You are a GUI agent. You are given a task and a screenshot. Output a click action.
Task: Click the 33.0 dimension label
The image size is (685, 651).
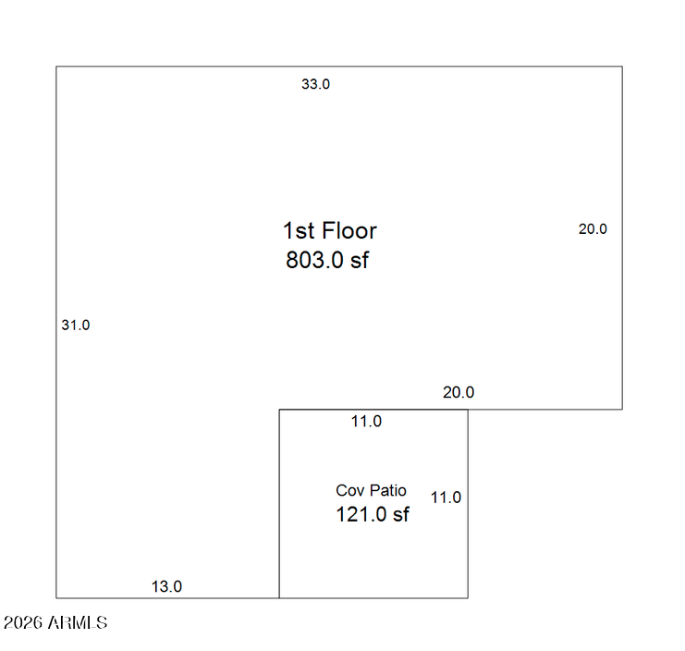315,84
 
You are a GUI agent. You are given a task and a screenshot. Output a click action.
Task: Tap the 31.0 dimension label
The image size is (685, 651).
76,325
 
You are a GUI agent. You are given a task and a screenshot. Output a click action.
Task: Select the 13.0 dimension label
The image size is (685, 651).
166,586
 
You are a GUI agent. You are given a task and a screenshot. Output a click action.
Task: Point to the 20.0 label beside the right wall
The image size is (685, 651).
593,229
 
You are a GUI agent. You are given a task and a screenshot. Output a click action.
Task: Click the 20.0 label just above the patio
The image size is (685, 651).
459,392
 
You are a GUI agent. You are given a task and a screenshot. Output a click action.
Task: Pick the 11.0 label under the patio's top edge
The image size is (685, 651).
366,421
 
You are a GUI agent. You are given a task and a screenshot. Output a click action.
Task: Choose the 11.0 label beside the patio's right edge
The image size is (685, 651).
446,497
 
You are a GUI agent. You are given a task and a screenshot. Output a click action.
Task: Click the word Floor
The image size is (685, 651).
350,230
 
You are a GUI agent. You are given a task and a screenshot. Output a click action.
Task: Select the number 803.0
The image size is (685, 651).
314,260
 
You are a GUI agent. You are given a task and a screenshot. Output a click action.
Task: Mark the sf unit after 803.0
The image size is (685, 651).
360,260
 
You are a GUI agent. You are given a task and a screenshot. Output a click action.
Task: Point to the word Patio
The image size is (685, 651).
387,491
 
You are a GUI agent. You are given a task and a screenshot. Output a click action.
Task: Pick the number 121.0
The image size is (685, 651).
361,514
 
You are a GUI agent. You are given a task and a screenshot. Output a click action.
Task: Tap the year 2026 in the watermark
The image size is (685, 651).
23,622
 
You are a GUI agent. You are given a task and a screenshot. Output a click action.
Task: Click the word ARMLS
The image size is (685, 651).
78,622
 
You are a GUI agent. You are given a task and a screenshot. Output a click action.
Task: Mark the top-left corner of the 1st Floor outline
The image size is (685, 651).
56,67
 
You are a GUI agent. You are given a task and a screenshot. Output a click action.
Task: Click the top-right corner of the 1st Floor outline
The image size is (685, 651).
622,67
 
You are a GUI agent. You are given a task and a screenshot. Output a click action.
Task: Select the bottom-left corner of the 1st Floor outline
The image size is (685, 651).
56,597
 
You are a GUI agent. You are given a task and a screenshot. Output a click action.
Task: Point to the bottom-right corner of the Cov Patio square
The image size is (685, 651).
468,597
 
